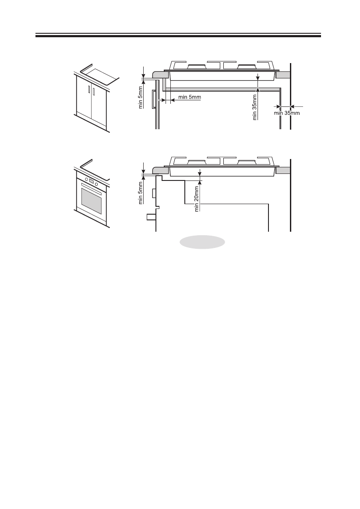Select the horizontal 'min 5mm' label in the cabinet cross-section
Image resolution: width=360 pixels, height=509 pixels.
click(x=189, y=96)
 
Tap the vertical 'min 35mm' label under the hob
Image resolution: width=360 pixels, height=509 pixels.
click(x=254, y=106)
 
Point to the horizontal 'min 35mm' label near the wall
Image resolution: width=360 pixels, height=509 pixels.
click(x=287, y=113)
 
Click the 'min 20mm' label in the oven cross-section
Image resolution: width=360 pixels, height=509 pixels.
click(x=197, y=198)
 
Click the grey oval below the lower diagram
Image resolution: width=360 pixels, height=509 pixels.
click(x=201, y=242)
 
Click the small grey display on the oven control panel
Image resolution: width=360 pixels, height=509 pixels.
click(x=92, y=182)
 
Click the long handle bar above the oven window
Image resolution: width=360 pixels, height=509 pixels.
click(x=92, y=191)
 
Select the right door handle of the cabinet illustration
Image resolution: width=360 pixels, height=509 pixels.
click(x=94, y=92)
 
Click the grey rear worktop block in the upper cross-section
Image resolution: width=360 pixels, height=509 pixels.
click(x=283, y=75)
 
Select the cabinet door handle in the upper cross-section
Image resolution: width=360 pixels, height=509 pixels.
click(x=153, y=99)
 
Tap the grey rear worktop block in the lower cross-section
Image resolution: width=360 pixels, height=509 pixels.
click(x=283, y=170)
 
